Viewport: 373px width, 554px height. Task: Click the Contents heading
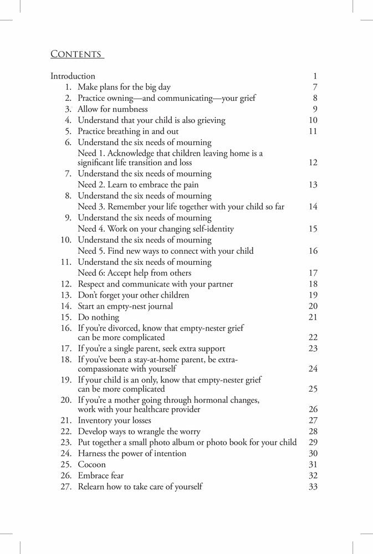(76, 54)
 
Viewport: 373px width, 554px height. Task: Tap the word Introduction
(73, 76)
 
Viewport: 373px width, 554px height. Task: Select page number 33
(313, 486)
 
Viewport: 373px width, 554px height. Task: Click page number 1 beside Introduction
(314, 76)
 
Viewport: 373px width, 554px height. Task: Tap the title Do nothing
(98, 317)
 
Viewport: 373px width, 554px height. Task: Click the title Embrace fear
(100, 475)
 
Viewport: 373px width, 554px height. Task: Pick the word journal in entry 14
(159, 306)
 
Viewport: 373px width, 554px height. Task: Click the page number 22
(313, 337)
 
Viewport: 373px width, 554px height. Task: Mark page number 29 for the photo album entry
(313, 442)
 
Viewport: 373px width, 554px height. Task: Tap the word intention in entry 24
(167, 453)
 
